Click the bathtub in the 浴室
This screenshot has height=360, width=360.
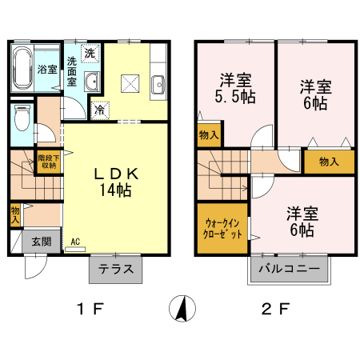tap(22, 68)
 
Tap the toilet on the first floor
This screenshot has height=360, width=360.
tap(22, 118)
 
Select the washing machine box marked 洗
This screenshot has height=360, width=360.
tap(90, 54)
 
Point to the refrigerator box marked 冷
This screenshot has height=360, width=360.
tap(100, 110)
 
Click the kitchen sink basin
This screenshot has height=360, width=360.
tap(158, 85)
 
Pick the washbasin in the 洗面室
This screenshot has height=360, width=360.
tap(92, 81)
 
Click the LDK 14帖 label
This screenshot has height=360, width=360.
tap(116, 182)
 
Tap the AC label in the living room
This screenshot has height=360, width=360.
tap(75, 242)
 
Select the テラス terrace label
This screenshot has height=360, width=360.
tap(116, 269)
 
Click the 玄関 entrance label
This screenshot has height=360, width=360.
tap(42, 242)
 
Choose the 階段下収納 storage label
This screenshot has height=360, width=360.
tap(49, 162)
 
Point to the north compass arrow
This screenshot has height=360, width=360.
tap(182, 308)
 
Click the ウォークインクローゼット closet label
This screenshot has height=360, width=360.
tap(222, 229)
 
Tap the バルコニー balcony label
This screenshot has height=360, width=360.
tap(289, 268)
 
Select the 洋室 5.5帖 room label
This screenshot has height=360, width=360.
tap(235, 89)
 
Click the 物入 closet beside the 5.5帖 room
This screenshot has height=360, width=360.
tap(209, 135)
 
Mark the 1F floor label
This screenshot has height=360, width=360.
tap(90, 310)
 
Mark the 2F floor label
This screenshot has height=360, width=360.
tap(275, 310)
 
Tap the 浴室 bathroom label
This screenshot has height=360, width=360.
tap(47, 70)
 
